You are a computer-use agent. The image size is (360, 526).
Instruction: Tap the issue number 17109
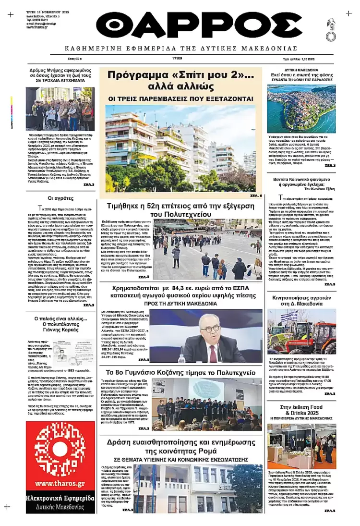coord(178,59)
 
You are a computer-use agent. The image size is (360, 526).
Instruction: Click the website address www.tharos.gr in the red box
coord(60,483)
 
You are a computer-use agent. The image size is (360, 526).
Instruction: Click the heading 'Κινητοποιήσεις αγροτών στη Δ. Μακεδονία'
coord(301,301)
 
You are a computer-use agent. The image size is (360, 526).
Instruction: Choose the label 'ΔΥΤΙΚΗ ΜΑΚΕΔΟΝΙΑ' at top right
coord(301,70)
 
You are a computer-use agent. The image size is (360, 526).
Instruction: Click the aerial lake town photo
coord(301,109)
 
